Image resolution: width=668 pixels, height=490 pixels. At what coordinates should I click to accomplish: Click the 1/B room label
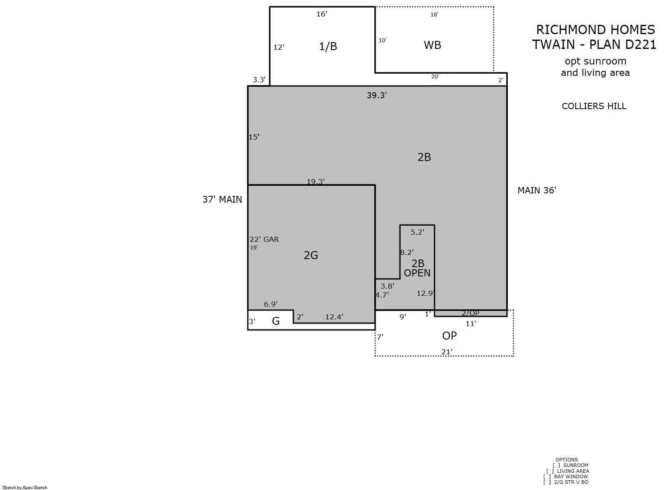[328, 46]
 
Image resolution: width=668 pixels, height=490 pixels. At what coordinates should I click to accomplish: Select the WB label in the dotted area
[432, 46]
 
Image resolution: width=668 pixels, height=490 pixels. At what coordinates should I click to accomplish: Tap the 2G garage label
[311, 255]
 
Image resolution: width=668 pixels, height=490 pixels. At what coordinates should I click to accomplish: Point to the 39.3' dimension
[377, 95]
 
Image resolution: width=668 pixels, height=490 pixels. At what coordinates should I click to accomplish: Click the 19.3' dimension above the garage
[316, 181]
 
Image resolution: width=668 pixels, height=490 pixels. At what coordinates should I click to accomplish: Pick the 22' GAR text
[264, 239]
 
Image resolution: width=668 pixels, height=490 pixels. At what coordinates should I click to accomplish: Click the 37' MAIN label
[222, 199]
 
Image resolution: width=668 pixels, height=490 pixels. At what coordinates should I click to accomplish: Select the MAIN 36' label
[537, 190]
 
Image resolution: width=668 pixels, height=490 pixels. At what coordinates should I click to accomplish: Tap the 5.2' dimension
[417, 232]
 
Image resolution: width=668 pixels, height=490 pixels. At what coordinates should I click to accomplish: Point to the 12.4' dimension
[334, 317]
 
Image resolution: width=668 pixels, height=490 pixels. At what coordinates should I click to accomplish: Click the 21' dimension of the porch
[447, 352]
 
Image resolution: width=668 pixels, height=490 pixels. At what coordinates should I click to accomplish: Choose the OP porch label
[449, 336]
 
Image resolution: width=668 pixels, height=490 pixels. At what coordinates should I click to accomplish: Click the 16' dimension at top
[322, 14]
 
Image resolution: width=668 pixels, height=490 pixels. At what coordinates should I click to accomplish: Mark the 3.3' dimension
[259, 80]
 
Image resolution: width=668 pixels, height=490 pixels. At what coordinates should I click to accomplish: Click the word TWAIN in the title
[553, 45]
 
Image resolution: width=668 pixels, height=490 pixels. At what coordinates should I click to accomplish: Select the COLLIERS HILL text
[594, 106]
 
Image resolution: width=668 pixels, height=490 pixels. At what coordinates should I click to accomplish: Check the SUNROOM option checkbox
[556, 465]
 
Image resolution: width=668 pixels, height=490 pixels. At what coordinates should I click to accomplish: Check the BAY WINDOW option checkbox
[547, 477]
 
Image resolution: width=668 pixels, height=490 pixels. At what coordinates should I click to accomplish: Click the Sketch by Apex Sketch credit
[25, 487]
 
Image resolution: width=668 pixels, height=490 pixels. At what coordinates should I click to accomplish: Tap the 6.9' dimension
[271, 304]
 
